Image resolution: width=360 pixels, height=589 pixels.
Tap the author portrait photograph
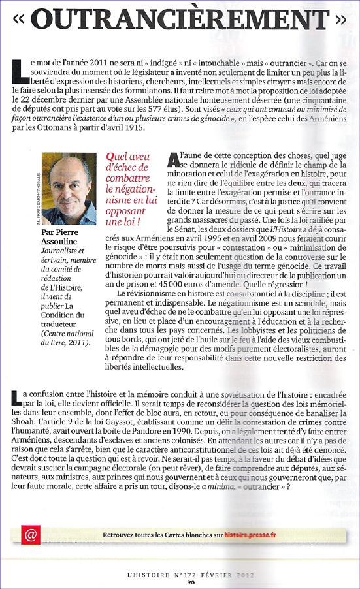pos(68,189)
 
